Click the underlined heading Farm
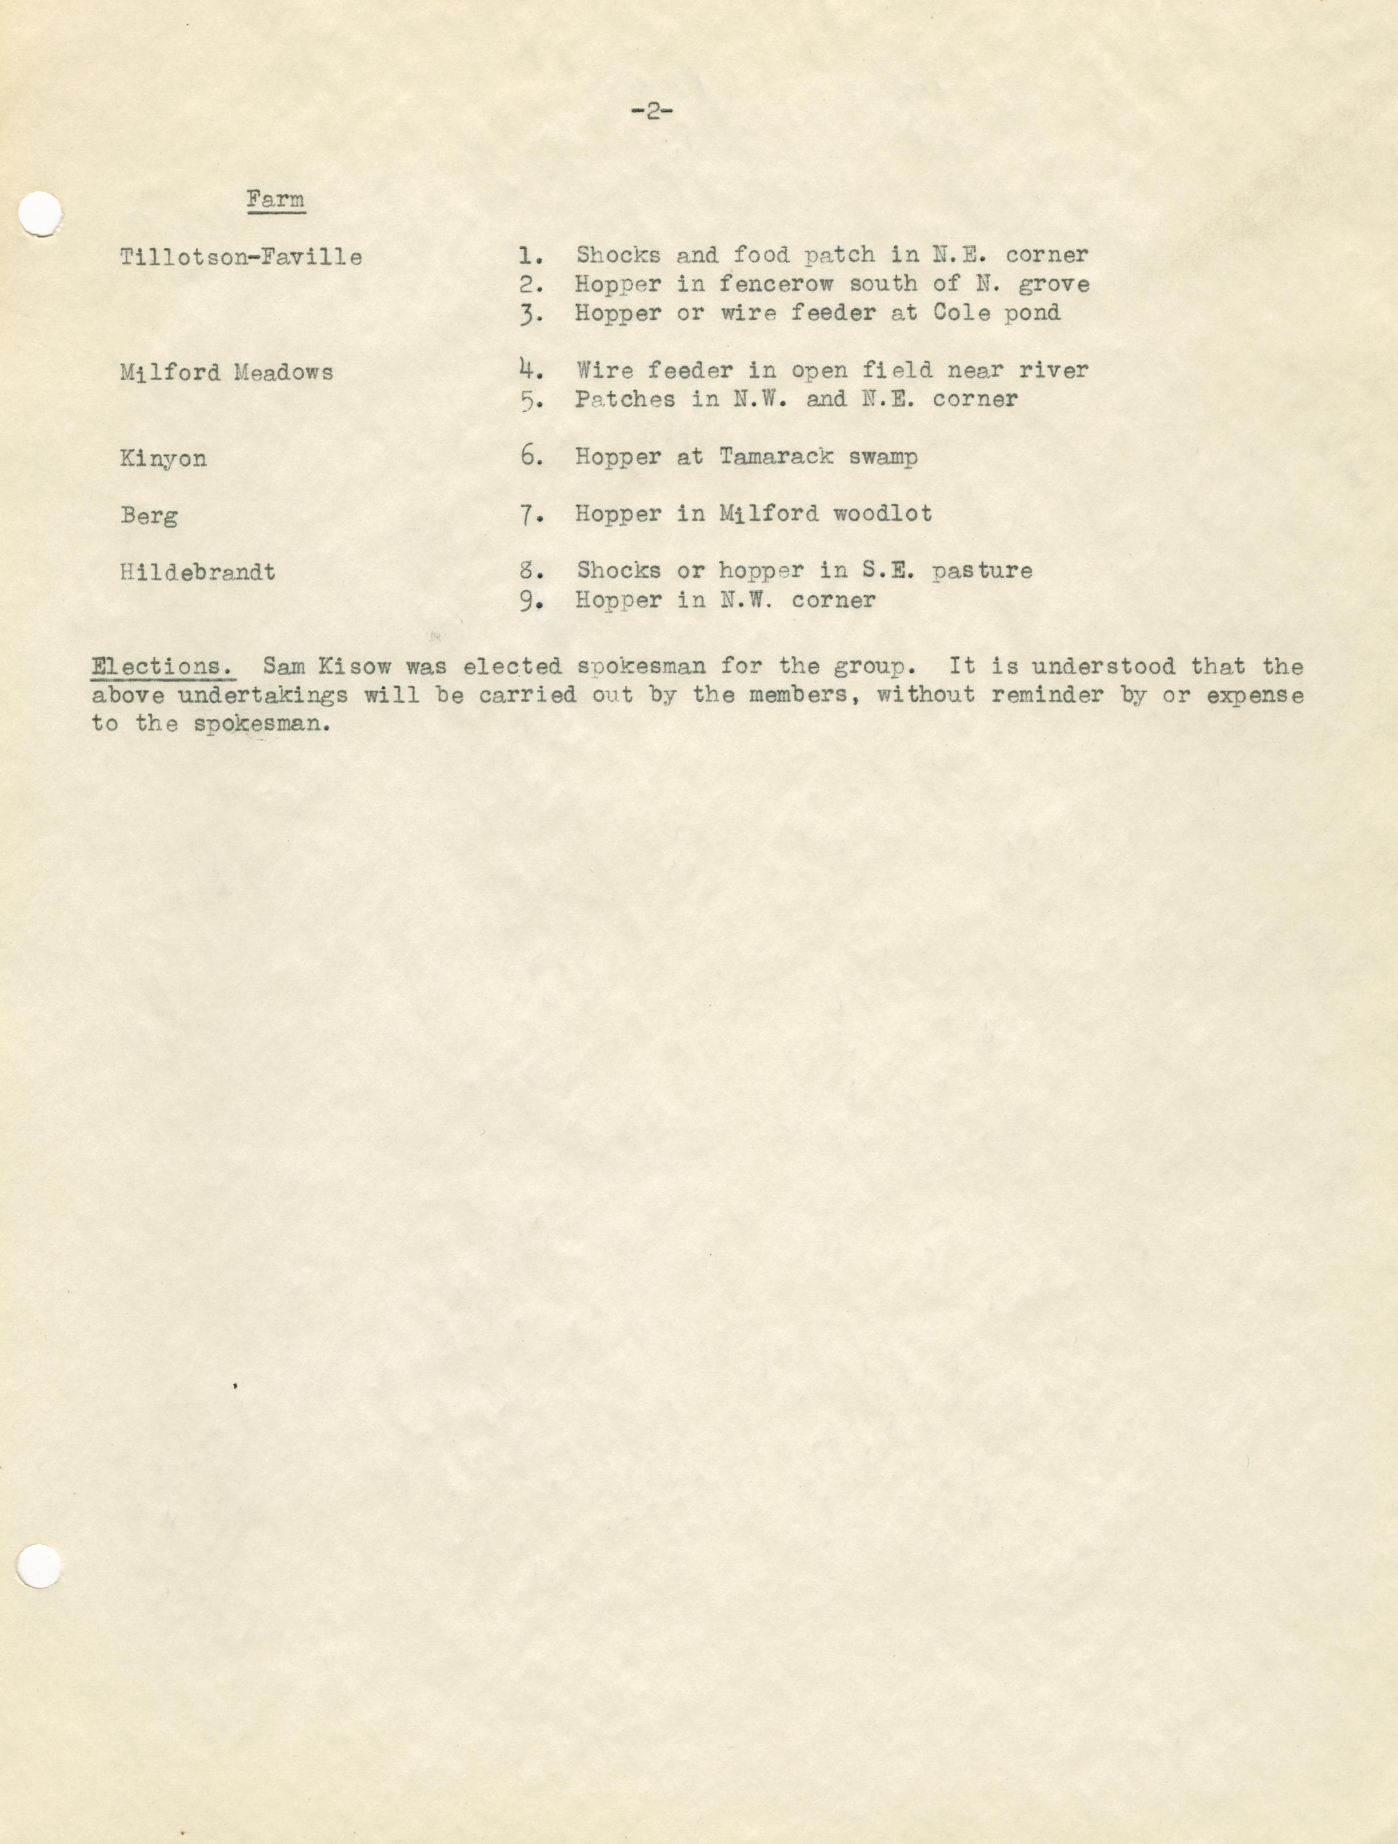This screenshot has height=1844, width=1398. click(275, 200)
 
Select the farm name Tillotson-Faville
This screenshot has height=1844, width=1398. click(241, 257)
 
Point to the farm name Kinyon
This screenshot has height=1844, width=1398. click(163, 459)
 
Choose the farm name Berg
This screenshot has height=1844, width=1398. click(148, 516)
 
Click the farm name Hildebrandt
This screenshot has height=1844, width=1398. click(198, 573)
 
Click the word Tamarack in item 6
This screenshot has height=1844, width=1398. click(776, 457)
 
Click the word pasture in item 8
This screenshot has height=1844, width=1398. click(982, 571)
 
